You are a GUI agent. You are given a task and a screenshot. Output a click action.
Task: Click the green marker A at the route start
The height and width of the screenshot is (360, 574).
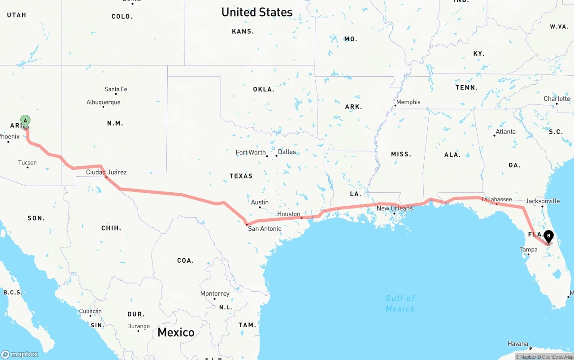click(x=25, y=121)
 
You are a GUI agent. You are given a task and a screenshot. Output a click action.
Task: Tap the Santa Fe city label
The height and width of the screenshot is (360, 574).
click(x=116, y=89)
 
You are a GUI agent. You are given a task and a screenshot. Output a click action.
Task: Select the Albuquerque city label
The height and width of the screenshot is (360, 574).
click(x=103, y=102)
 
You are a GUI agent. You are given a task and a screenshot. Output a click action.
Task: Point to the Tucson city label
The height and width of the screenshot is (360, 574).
click(x=27, y=163)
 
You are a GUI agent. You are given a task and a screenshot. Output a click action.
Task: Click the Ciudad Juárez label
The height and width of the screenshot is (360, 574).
click(x=106, y=172)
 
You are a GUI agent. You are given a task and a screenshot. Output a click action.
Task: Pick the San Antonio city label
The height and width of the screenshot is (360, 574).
click(x=265, y=229)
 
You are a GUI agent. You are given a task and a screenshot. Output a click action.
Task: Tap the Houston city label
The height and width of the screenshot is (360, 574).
click(x=289, y=214)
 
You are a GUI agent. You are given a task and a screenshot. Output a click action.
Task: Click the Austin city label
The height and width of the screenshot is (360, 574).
click(x=260, y=202)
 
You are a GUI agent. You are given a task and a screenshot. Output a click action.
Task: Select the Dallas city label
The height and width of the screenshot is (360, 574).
click(x=287, y=152)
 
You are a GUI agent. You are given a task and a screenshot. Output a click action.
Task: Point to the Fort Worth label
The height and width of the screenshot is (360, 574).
click(x=251, y=152)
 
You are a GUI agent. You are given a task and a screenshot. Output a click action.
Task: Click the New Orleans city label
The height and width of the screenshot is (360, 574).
click(x=395, y=208)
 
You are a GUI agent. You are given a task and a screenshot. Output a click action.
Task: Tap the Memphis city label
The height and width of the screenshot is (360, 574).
click(x=408, y=102)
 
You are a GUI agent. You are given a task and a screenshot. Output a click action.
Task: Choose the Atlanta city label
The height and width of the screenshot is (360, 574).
click(x=505, y=131)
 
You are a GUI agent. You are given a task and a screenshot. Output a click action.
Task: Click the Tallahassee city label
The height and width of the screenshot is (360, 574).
click(x=496, y=199)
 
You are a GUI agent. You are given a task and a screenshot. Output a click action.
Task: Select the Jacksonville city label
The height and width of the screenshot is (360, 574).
click(x=543, y=201)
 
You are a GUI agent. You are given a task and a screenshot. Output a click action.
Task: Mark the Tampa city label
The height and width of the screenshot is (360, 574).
click(x=528, y=249)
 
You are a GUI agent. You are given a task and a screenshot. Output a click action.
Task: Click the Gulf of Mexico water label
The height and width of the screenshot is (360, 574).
click(x=400, y=304)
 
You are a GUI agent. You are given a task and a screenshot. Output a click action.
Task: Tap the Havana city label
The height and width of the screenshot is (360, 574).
click(x=517, y=344)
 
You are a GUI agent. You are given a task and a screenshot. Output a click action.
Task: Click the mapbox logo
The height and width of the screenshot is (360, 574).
click(x=20, y=354)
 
